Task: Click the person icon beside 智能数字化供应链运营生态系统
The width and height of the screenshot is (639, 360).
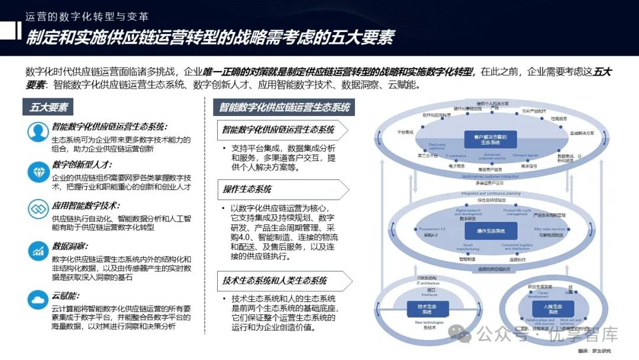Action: point(37,131)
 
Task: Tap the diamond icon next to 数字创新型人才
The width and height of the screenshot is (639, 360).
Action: point(37,171)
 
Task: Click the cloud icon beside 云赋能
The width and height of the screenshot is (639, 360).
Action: point(37,299)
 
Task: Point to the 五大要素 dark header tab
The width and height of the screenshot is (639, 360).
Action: point(49,108)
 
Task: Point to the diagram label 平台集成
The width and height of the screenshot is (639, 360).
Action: point(405,133)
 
